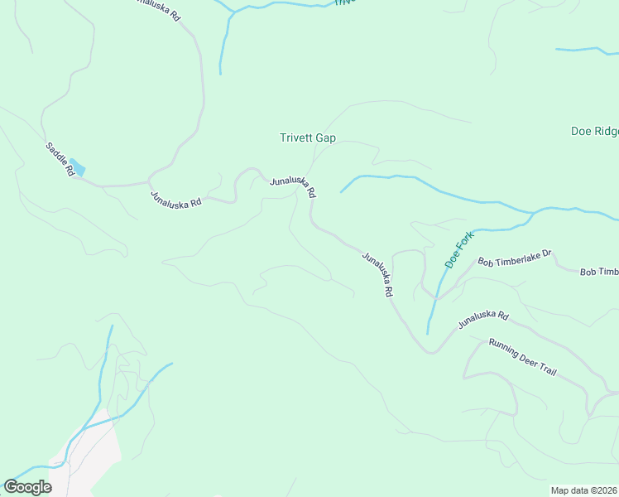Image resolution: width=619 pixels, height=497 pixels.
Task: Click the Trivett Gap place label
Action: [307, 138]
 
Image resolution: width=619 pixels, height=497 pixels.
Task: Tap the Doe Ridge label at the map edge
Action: [594, 131]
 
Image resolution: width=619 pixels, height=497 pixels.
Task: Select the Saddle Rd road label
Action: [60, 158]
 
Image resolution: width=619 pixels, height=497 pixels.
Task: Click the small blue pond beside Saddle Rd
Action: [76, 166]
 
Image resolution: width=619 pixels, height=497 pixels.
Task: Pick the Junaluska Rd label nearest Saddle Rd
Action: [175, 200]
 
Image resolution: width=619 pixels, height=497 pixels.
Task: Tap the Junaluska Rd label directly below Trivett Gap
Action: [292, 186]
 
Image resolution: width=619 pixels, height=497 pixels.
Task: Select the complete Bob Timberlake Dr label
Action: [514, 257]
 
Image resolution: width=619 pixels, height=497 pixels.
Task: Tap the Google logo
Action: [27, 487]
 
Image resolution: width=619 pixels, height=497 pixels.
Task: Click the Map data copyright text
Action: [584, 490]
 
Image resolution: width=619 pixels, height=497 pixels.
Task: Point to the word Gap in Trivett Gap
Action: [325, 138]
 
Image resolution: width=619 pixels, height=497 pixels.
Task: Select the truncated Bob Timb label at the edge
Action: [598, 272]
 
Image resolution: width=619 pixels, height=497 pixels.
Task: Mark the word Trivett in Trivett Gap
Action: [295, 138]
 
